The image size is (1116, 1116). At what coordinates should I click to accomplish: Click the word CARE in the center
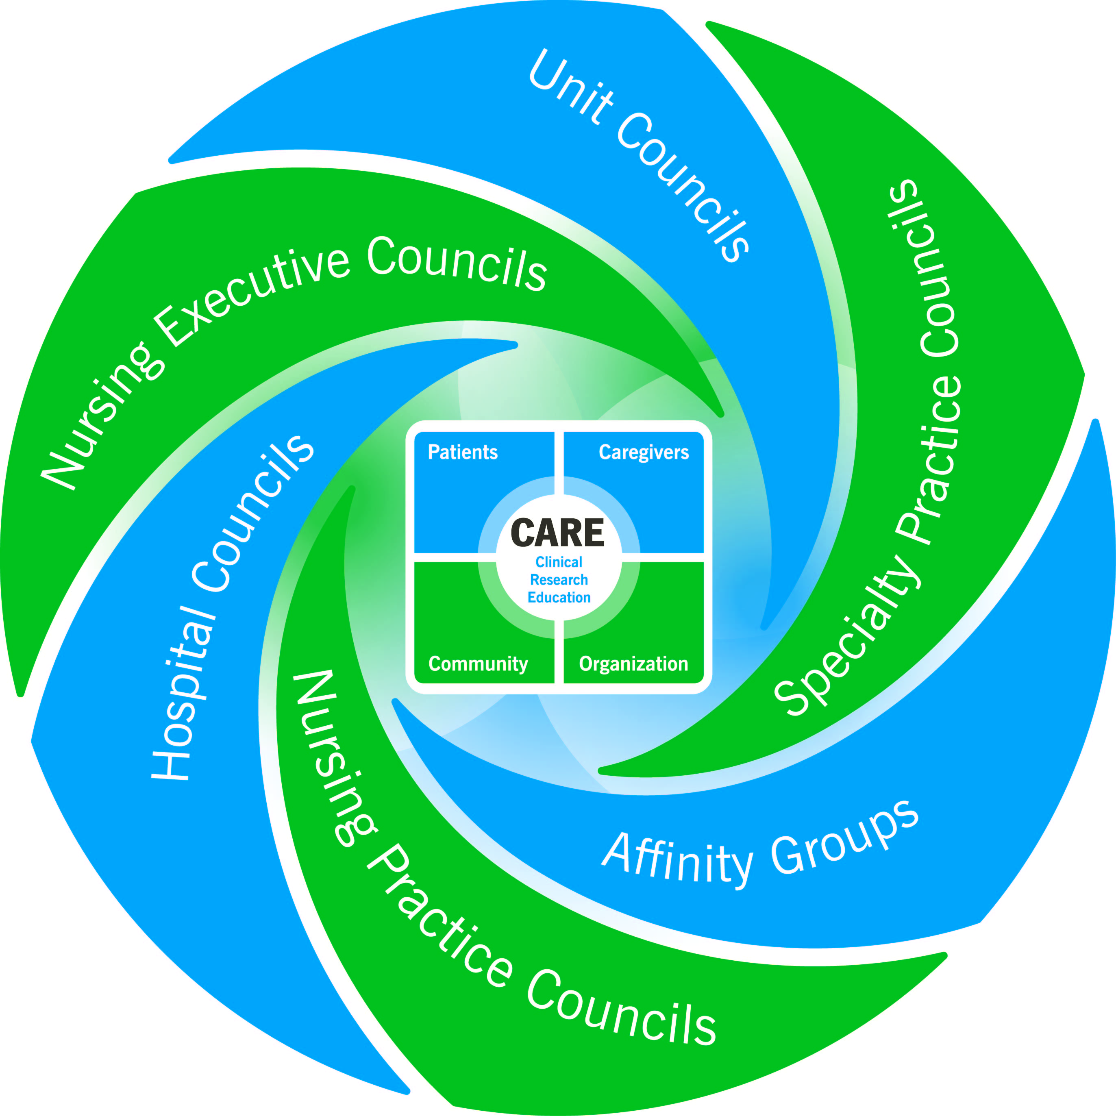tap(557, 533)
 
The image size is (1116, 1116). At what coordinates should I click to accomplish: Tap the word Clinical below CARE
tap(559, 562)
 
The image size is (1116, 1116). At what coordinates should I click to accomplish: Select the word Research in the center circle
tap(559, 580)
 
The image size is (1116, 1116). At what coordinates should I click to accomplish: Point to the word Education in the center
tap(559, 597)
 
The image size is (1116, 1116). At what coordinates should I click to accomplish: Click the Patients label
tap(462, 452)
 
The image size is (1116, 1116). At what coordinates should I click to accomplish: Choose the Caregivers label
tap(644, 452)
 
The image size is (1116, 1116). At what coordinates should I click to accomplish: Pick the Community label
tap(478, 664)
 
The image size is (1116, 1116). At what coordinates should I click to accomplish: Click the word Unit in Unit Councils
tap(569, 87)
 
